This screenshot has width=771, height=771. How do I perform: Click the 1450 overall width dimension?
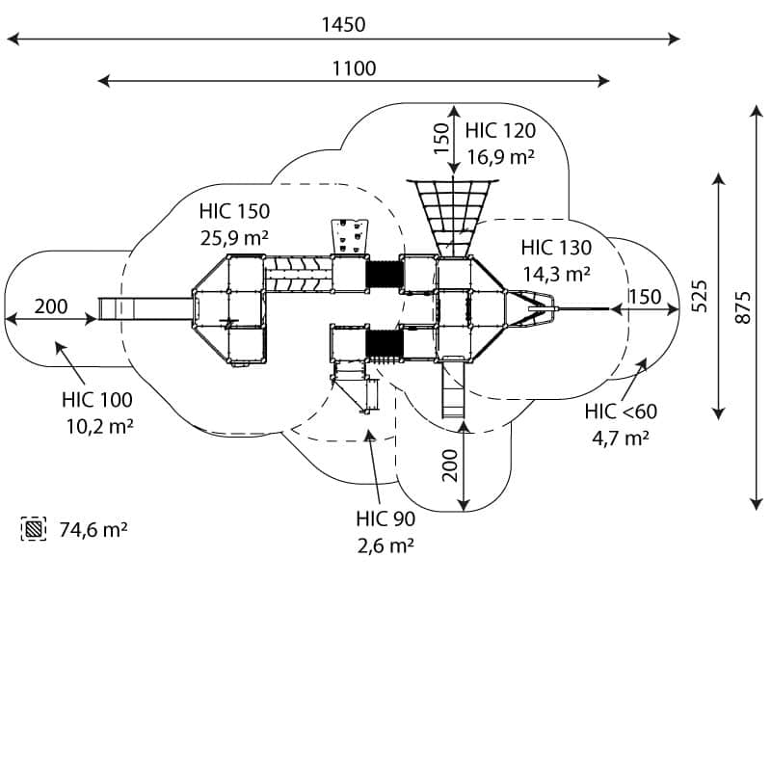click(x=343, y=24)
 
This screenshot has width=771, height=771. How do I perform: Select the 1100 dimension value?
click(x=354, y=67)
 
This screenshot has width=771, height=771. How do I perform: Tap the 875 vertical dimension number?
click(x=741, y=306)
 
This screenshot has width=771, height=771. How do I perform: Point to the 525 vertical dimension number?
click(x=701, y=296)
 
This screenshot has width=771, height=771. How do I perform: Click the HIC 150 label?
click(x=234, y=211)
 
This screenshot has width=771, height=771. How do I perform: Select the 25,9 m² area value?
click(x=234, y=235)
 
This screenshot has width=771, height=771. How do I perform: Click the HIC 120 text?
click(x=500, y=131)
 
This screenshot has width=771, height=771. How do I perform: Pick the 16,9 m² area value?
click(x=500, y=155)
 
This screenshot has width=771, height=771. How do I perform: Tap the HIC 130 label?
click(x=556, y=249)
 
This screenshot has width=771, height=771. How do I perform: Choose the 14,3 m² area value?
click(x=556, y=273)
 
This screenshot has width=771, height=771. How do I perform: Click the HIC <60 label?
click(x=621, y=412)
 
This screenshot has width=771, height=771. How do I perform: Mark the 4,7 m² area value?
click(x=620, y=437)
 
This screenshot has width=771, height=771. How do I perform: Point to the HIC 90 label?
click(x=385, y=519)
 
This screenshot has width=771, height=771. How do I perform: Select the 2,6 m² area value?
click(x=385, y=544)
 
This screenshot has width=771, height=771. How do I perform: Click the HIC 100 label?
click(x=97, y=400)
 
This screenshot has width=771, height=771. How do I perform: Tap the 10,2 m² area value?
click(x=97, y=425)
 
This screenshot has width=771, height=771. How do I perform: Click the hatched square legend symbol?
click(x=34, y=529)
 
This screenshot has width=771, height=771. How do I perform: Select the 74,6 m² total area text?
click(x=94, y=529)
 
